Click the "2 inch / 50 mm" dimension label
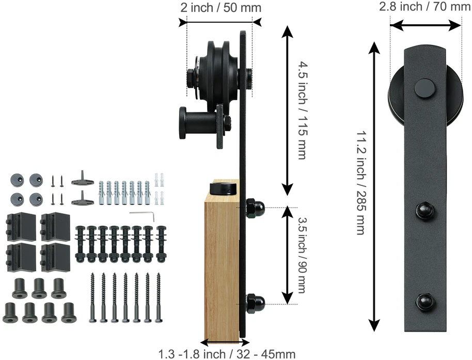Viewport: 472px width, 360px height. (221, 7)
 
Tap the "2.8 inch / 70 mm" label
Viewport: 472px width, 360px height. (424, 6)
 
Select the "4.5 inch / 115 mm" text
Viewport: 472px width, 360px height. (303, 110)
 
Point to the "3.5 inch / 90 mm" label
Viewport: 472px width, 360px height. (302, 255)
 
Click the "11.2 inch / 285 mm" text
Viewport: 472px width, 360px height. (361, 182)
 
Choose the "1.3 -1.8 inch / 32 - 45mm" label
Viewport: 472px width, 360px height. (227, 354)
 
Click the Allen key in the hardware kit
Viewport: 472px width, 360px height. (142, 215)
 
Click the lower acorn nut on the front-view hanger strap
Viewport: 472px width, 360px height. (426, 302)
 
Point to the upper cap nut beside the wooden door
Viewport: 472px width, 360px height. (256, 208)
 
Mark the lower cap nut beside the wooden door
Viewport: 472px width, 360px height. (256, 303)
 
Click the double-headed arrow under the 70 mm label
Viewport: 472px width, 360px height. (426, 26)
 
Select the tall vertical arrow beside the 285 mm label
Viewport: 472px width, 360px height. (374, 186)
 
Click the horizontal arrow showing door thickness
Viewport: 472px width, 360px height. (225, 342)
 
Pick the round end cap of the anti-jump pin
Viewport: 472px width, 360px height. (182, 123)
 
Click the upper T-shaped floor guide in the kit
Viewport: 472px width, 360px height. (83, 179)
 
